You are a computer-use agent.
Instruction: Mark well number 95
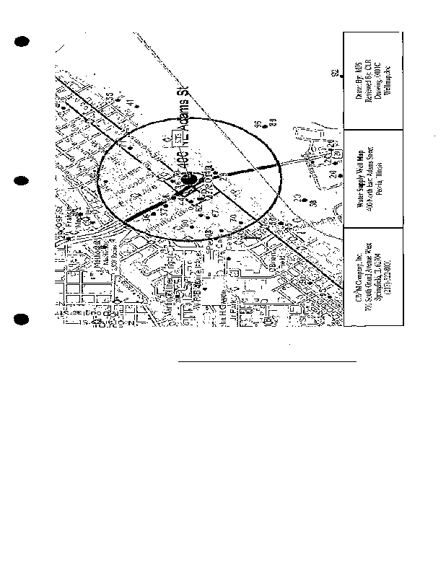(x=258, y=125)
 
